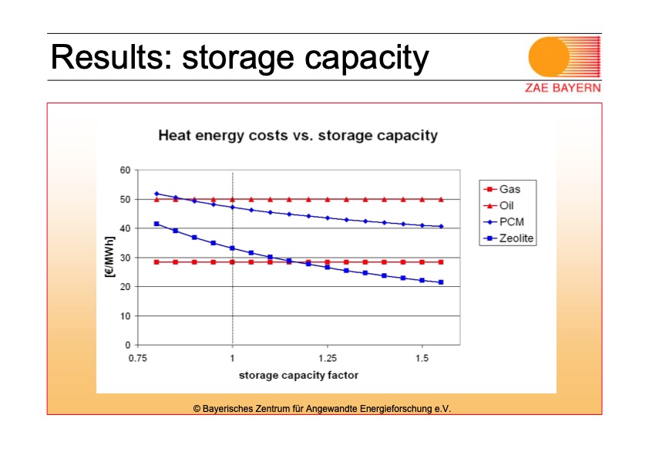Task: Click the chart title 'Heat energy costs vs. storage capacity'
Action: (298, 136)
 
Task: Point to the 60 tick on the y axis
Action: (124, 170)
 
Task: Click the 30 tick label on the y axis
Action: (124, 258)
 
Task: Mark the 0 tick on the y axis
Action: (126, 345)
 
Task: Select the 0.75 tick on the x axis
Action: (137, 359)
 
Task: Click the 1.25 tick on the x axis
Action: (327, 359)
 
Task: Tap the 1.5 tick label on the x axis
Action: (422, 359)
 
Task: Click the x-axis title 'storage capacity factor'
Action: (298, 376)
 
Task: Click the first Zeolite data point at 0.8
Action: (156, 224)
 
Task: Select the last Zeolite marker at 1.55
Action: (441, 282)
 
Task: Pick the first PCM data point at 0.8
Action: (156, 194)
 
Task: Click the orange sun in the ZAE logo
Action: (549, 57)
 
